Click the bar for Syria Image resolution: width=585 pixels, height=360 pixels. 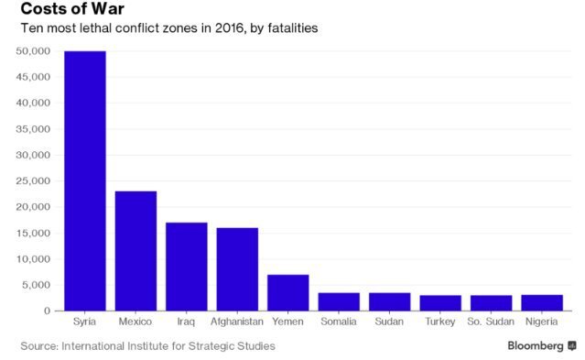[85, 180]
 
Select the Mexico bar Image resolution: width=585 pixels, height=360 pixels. [135, 251]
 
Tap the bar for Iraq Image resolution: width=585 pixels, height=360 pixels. [187, 267]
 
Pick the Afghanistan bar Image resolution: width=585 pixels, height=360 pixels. [237, 269]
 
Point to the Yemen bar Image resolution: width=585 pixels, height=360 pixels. [288, 293]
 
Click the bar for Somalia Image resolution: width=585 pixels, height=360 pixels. [339, 301]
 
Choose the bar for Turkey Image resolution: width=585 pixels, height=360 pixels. [440, 303]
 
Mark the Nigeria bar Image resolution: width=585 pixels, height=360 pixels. [542, 303]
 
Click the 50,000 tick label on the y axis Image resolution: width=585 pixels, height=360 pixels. [33, 51]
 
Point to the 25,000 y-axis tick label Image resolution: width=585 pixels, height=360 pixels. [33, 181]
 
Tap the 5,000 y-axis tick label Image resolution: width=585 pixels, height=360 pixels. [37, 285]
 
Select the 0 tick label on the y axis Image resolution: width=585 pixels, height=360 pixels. [47, 311]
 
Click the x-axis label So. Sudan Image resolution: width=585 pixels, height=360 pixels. [491, 322]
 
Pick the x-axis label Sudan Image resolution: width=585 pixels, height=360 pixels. [389, 322]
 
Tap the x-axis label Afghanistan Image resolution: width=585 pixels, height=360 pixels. [237, 322]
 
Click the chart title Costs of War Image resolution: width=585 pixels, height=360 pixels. [72, 8]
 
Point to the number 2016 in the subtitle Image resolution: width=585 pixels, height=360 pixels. [229, 28]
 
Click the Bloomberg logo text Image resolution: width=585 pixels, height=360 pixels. [536, 346]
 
